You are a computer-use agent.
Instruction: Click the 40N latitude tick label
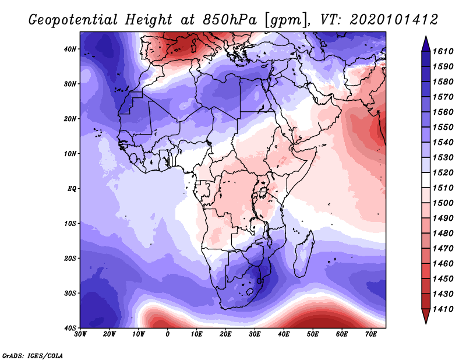click(x=70, y=49)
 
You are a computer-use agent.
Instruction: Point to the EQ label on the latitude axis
click(x=72, y=189)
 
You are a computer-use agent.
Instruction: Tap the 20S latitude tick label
click(x=70, y=258)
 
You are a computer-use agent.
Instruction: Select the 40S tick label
click(x=70, y=328)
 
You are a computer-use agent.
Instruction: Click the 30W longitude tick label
click(x=80, y=334)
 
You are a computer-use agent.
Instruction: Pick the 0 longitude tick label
click(x=168, y=334)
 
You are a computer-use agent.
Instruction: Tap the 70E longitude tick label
click(x=371, y=334)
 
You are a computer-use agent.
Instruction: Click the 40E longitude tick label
click(x=284, y=334)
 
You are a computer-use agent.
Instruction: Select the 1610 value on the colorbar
click(x=443, y=51)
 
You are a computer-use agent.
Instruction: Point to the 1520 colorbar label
click(x=443, y=172)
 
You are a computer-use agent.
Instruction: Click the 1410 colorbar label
click(x=443, y=309)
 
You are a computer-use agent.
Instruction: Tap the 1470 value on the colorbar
click(x=443, y=249)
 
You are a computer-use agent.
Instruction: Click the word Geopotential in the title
click(x=73, y=20)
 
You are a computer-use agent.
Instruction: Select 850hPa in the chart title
click(x=230, y=20)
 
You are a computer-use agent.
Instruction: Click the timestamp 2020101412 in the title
click(x=394, y=20)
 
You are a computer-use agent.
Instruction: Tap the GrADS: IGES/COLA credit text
click(x=33, y=355)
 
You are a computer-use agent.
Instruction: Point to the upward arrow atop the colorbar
click(x=426, y=44)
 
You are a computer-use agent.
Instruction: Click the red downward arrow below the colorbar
click(x=426, y=316)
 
